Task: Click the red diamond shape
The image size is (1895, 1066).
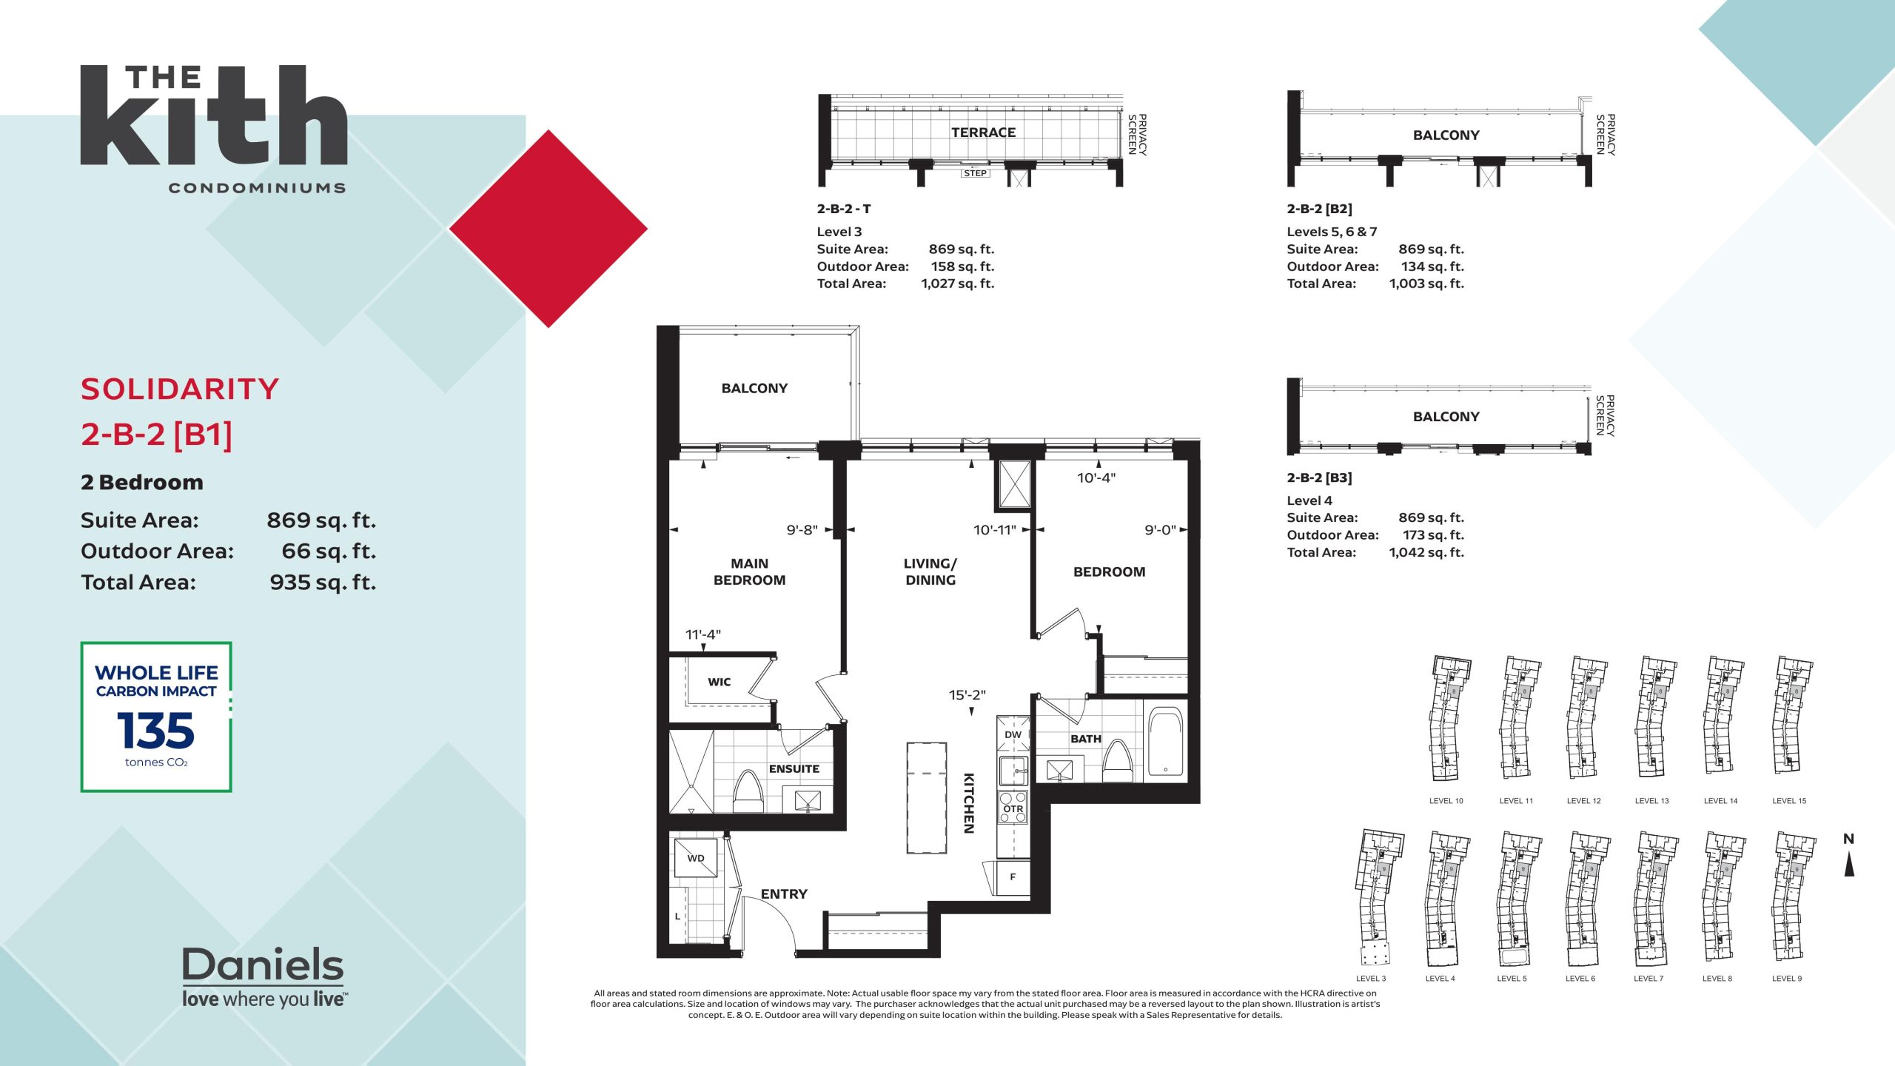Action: click(549, 229)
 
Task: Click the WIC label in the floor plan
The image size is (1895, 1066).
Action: click(719, 682)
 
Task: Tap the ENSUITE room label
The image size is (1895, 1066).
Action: click(794, 768)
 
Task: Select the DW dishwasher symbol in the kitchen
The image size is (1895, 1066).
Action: click(1013, 734)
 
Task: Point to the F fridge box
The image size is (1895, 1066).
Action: click(1013, 877)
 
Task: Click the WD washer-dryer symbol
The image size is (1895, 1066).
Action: click(695, 858)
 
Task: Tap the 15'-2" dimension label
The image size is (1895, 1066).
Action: click(967, 695)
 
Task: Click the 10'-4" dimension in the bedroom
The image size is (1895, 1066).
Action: click(1096, 478)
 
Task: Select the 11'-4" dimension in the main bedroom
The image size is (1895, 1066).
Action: click(702, 634)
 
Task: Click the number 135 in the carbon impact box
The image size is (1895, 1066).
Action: click(155, 731)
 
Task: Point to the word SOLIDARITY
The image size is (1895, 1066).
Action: click(180, 389)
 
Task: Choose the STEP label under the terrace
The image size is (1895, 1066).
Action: click(975, 173)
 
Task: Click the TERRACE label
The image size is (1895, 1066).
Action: click(983, 133)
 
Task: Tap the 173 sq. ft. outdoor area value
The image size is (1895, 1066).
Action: click(1433, 534)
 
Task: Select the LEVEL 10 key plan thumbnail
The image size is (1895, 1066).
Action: click(1447, 718)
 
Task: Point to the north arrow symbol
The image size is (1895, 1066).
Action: click(1849, 864)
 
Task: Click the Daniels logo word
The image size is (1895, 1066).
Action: click(263, 964)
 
